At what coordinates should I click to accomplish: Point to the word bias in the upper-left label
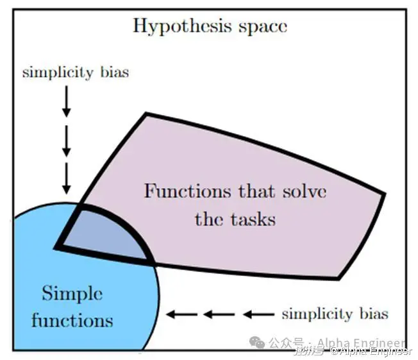[x=113, y=72]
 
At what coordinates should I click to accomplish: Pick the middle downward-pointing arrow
[x=66, y=145]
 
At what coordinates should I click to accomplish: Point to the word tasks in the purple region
[x=253, y=219]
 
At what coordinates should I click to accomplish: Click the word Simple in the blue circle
[x=72, y=295]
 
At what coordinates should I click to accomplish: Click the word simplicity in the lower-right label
[x=314, y=314]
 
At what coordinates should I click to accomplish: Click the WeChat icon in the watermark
[x=258, y=343]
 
